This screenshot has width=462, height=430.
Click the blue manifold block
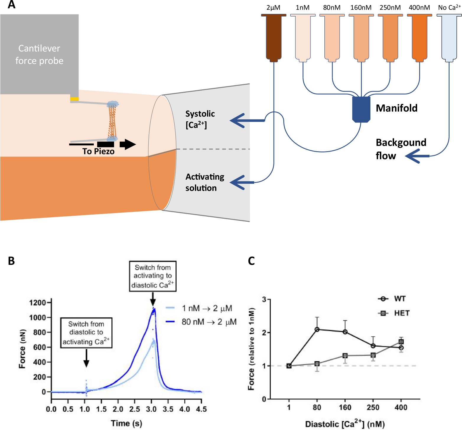coord(361,109)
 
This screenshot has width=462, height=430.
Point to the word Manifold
coord(396,108)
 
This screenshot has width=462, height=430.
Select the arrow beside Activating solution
coord(242,182)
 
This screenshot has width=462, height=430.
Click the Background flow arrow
coord(417,156)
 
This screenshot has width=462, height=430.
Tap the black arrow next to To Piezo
coord(128,144)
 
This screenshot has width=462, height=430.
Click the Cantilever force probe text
coord(39,54)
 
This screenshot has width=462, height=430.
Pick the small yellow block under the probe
coord(74,99)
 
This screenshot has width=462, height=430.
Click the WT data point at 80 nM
coord(317,329)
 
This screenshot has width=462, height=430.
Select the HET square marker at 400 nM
coord(401,342)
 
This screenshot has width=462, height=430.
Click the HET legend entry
coord(394,313)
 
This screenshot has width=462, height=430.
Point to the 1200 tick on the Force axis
coord(38,302)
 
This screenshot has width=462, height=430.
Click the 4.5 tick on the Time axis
coord(201,409)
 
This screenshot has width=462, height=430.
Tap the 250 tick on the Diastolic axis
coord(373,408)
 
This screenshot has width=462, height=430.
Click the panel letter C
coord(251,261)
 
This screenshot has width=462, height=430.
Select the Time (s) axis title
coord(126,423)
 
